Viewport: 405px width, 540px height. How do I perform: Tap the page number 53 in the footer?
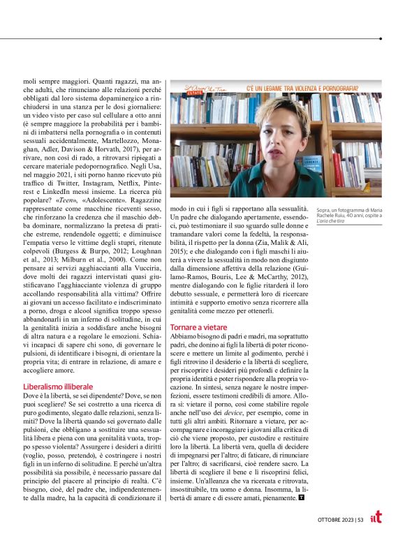[360, 519]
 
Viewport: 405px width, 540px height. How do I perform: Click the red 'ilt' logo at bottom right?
[376, 518]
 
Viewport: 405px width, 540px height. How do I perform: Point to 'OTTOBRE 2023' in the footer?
[331, 519]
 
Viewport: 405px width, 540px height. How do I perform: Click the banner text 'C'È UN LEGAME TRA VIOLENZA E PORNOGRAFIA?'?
[302, 89]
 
